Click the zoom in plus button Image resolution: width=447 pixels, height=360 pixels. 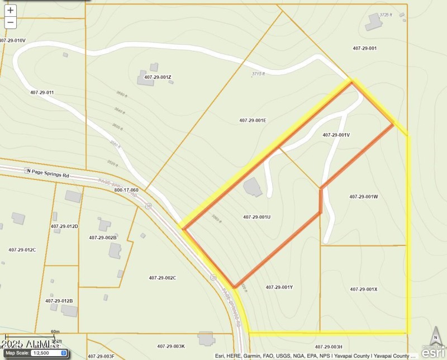pyautogui.click(x=10, y=10)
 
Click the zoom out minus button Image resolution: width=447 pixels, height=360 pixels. pyautogui.click(x=10, y=22)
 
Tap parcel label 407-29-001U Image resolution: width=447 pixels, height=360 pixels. pyautogui.click(x=256, y=217)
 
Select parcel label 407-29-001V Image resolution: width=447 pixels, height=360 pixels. pyautogui.click(x=336, y=135)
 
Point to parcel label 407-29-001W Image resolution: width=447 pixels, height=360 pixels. pyautogui.click(x=364, y=196)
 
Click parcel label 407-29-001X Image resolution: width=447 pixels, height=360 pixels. pyautogui.click(x=364, y=289)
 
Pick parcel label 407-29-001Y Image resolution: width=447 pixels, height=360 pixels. pyautogui.click(x=279, y=287)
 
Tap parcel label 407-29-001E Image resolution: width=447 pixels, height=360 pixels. pyautogui.click(x=253, y=120)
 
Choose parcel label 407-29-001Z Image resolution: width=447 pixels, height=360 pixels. pyautogui.click(x=158, y=77)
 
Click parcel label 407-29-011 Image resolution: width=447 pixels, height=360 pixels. pyautogui.click(x=42, y=92)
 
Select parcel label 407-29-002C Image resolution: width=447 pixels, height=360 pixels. pyautogui.click(x=163, y=278)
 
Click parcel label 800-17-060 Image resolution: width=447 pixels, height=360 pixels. pyautogui.click(x=126, y=190)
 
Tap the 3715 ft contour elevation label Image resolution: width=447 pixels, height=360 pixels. pyautogui.click(x=258, y=73)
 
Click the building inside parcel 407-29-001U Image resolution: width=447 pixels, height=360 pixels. pyautogui.click(x=253, y=187)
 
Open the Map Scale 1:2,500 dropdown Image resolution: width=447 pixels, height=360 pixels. pyautogui.click(x=49, y=353)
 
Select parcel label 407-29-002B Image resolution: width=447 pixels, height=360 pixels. pyautogui.click(x=103, y=238)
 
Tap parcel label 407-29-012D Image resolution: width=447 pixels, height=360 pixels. pyautogui.click(x=64, y=226)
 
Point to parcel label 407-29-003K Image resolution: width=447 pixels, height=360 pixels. pyautogui.click(x=171, y=346)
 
